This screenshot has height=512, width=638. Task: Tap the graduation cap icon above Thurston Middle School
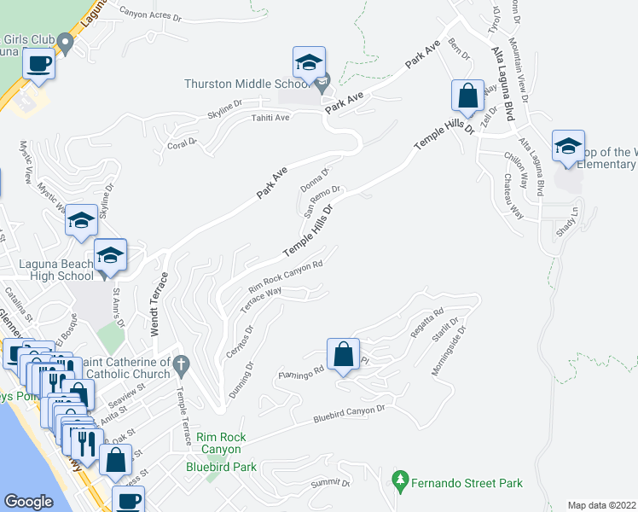(309, 62)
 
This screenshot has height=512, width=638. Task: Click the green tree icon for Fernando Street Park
(399, 481)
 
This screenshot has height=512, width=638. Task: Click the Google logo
(28, 501)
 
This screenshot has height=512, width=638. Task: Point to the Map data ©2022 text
(602, 505)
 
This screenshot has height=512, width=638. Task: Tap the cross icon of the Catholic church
(180, 366)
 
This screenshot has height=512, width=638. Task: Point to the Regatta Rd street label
(427, 323)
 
